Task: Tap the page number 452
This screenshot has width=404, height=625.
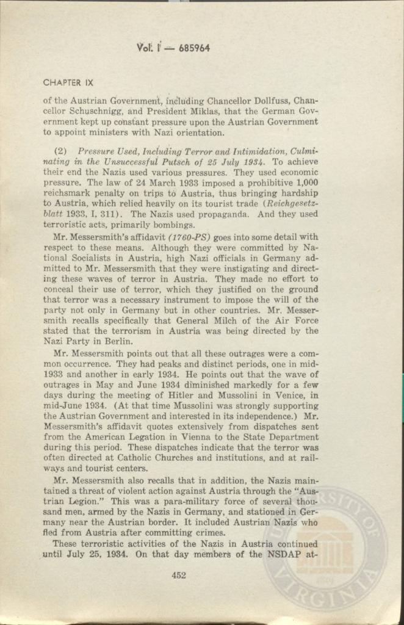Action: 178,574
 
